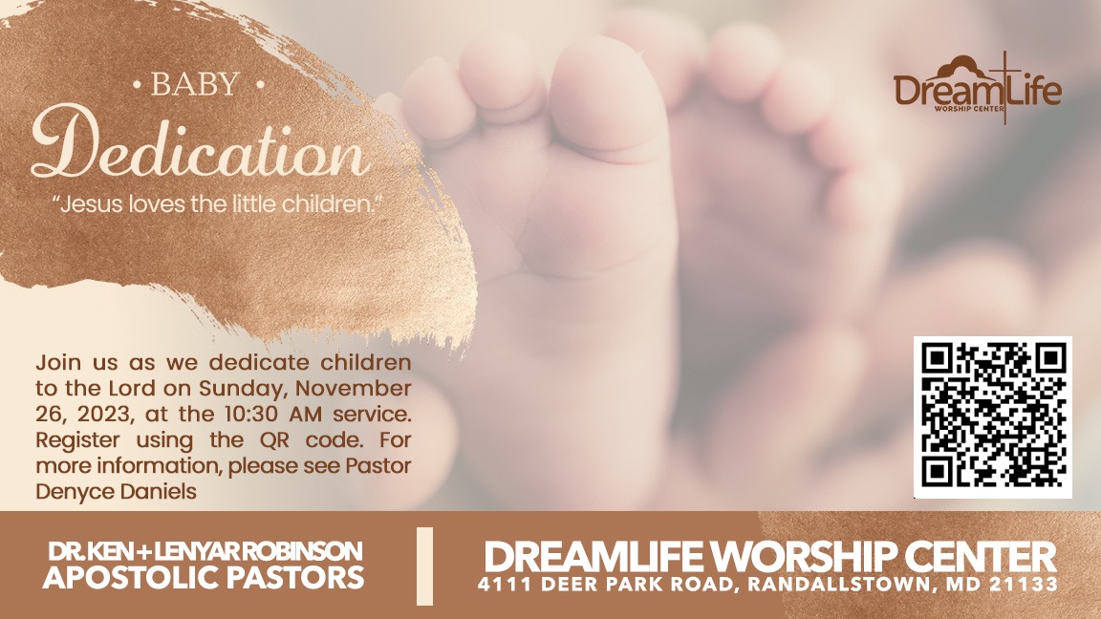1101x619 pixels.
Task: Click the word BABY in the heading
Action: click(195, 84)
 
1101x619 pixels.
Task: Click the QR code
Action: click(992, 416)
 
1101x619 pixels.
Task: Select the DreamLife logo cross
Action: click(1004, 87)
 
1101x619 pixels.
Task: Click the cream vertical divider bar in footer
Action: click(424, 566)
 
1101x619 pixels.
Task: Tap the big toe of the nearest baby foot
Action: click(608, 98)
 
